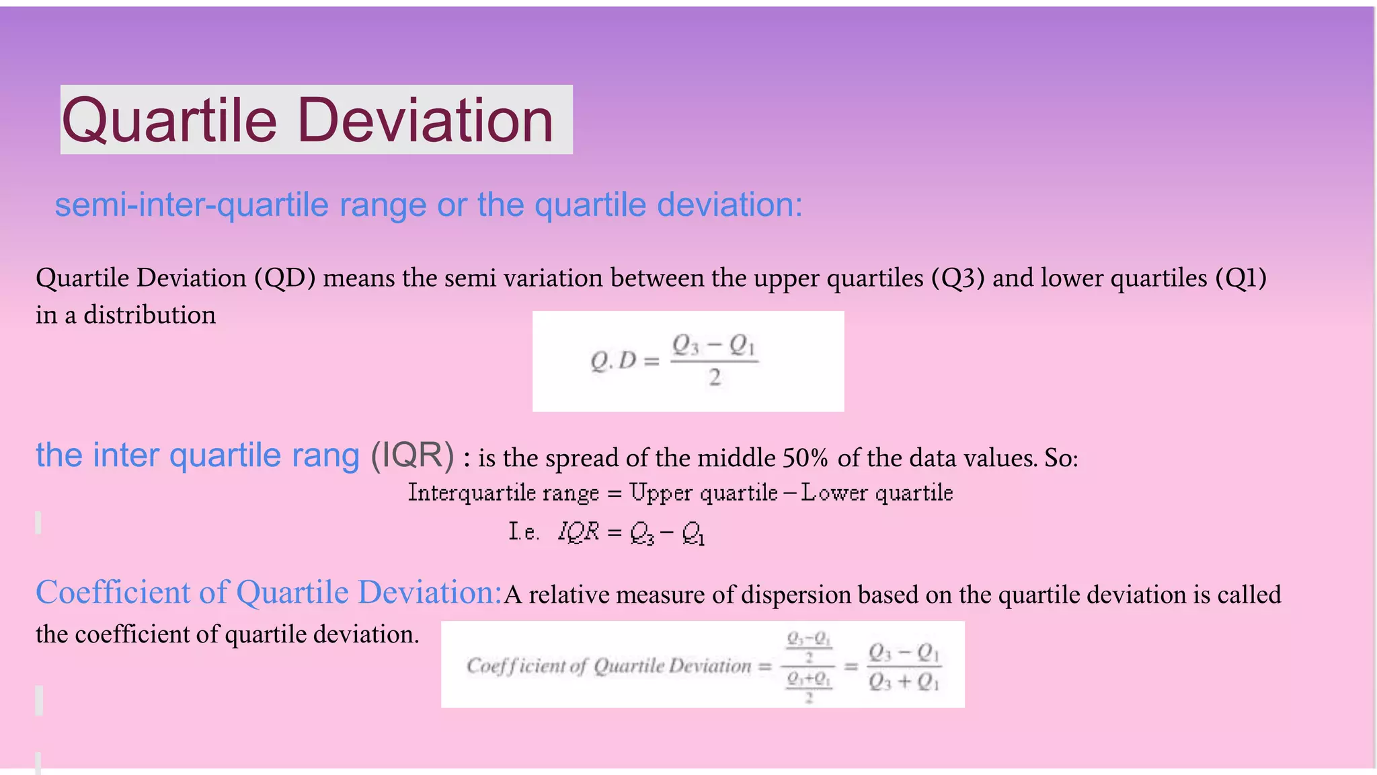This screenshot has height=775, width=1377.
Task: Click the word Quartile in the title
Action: click(169, 121)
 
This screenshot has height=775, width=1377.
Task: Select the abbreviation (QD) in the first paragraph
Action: click(284, 278)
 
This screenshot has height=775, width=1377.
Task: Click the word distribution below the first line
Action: click(149, 315)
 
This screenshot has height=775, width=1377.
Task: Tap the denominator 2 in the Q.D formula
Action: click(715, 377)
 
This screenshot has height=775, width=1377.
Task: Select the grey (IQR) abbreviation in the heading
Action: click(412, 455)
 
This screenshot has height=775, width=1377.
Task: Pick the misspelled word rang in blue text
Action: click(325, 455)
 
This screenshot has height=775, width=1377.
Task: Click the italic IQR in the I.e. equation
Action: click(578, 531)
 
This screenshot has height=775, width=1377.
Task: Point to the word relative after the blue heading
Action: click(568, 595)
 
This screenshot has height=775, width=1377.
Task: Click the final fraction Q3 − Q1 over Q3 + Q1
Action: click(904, 666)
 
